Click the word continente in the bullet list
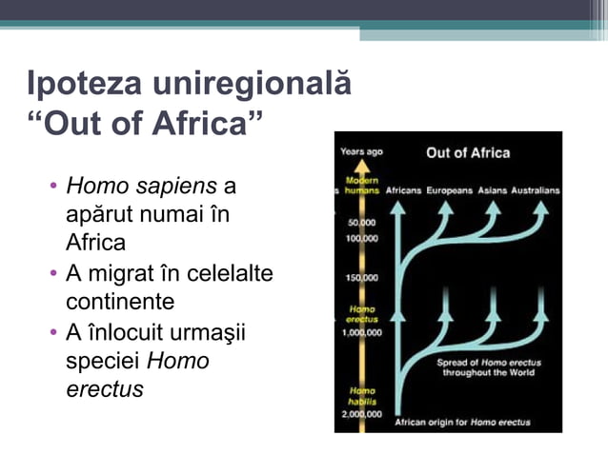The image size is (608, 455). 120,302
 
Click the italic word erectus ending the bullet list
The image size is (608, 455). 105,389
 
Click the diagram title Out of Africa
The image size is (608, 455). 467,152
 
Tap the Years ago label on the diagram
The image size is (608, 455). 362,151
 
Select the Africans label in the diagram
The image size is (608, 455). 403,190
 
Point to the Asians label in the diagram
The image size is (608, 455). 493,190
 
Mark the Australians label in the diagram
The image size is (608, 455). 536,190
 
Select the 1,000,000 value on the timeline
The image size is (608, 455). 363,333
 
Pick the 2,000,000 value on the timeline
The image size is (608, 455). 363,414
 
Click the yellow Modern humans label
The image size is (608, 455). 363,186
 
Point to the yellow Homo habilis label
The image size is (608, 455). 363,396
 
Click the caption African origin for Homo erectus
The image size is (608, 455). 463,422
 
